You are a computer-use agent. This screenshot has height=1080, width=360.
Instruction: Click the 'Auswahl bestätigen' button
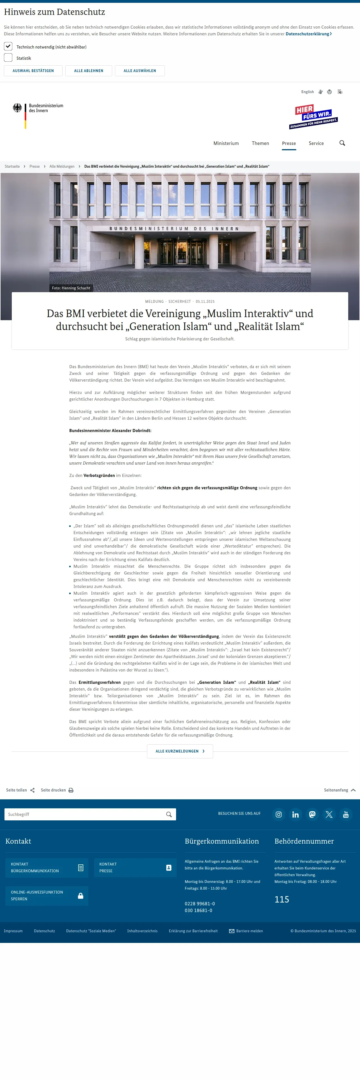33,71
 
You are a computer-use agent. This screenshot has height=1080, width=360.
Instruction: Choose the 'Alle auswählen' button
140,71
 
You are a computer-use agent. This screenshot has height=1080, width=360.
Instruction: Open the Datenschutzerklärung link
308,34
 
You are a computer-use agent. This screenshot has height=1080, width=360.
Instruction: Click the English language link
307,92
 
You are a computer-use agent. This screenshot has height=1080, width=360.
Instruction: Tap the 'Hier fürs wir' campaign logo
313,117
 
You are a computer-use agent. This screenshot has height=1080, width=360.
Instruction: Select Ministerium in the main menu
226,143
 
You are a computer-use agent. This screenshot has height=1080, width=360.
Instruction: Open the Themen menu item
260,143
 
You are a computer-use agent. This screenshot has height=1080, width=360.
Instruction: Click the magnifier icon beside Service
342,143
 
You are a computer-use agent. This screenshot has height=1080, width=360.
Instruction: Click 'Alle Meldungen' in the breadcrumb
62,167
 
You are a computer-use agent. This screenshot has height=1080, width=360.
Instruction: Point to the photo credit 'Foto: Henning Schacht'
71,288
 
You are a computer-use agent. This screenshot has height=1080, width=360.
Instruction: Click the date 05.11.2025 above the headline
205,301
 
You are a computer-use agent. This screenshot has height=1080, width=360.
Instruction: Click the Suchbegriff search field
84,814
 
